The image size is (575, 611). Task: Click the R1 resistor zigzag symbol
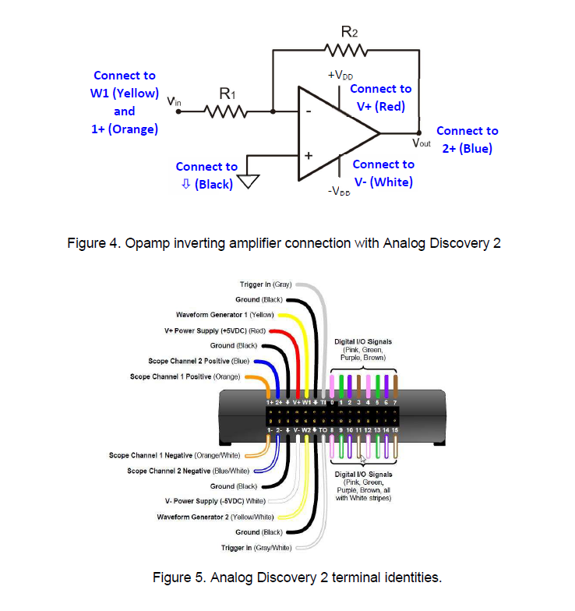[225, 111]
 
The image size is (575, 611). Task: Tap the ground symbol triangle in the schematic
[248, 181]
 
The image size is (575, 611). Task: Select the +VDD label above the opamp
[340, 75]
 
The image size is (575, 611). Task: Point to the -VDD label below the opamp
[340, 191]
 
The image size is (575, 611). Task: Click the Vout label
[421, 143]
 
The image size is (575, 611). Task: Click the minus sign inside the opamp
[309, 111]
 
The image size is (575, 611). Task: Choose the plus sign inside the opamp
[309, 156]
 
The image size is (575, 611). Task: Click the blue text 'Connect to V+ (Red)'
[380, 97]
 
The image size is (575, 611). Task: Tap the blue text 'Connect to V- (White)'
[383, 173]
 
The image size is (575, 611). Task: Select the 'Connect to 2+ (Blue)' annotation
[467, 140]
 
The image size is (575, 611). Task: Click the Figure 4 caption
[283, 243]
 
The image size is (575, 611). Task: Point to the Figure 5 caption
[297, 577]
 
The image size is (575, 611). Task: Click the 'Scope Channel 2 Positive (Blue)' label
[199, 361]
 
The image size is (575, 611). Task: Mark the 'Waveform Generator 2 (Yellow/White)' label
[213, 517]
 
